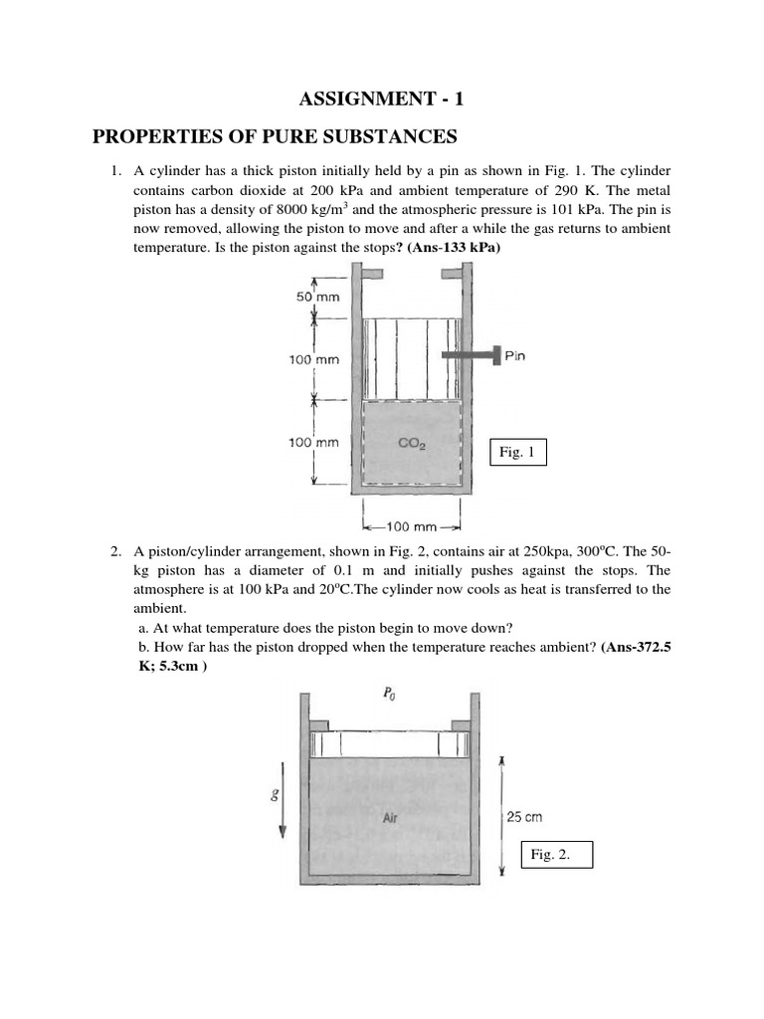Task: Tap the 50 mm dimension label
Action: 317,297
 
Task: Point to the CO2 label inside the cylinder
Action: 413,446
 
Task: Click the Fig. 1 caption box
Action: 517,452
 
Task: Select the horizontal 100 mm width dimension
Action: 412,526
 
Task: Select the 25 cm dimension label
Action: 524,817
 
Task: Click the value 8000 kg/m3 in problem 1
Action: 295,210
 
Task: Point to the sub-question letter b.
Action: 143,647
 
